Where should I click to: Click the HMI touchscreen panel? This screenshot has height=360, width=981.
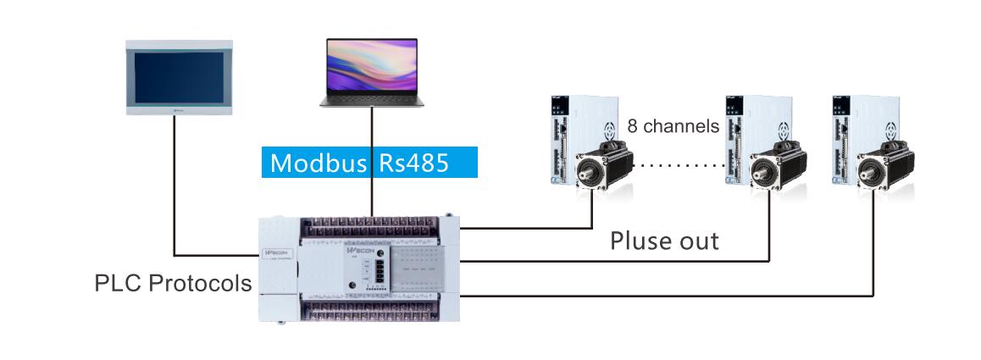click(x=177, y=76)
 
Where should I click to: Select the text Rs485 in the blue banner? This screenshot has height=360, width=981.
click(x=413, y=162)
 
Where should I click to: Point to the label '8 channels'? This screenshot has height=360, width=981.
click(x=673, y=126)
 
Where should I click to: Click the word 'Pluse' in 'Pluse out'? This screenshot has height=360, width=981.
click(x=640, y=241)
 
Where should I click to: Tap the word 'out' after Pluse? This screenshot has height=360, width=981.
click(x=696, y=241)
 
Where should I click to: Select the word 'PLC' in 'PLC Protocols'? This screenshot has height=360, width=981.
click(x=112, y=283)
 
